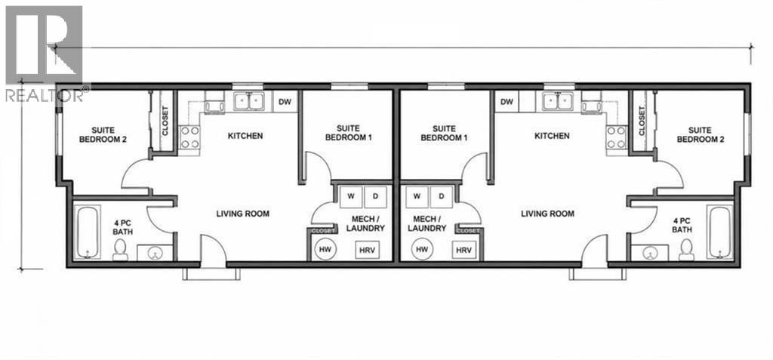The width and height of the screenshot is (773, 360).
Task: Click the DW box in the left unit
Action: pyautogui.click(x=285, y=102)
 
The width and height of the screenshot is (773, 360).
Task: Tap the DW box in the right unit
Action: pyautogui.click(x=507, y=102)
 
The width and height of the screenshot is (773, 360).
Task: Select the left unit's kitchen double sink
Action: pyautogui.click(x=249, y=101)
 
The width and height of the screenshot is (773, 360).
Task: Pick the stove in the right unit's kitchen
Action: pyautogui.click(x=616, y=137)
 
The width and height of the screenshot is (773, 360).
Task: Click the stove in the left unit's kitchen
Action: pyautogui.click(x=189, y=137)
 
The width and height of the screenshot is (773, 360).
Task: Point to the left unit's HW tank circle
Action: pyautogui.click(x=325, y=250)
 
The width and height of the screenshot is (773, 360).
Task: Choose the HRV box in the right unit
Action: pyautogui.click(x=463, y=250)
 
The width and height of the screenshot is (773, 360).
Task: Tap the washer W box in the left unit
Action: pyautogui.click(x=351, y=196)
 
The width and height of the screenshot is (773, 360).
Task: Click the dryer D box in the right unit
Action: pyautogui.click(x=442, y=196)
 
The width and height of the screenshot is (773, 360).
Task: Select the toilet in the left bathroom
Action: pyautogui.click(x=120, y=250)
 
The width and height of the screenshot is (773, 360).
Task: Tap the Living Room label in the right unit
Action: pyautogui.click(x=548, y=214)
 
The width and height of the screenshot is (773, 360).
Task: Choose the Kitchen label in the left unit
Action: pyautogui.click(x=245, y=136)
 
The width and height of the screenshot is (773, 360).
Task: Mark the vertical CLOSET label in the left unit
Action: pyautogui.click(x=165, y=122)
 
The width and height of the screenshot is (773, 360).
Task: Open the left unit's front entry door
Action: pyautogui.click(x=213, y=251)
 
